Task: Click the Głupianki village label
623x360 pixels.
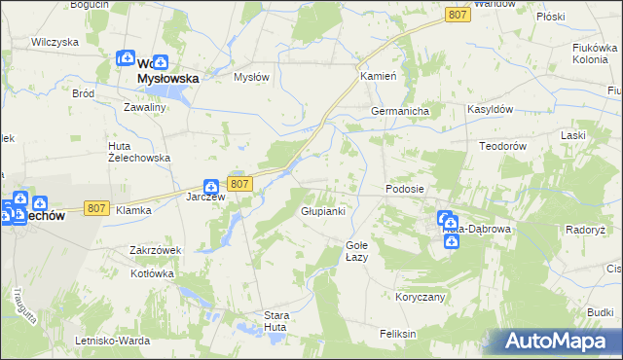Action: click(323, 211)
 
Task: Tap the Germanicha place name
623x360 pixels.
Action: click(399, 112)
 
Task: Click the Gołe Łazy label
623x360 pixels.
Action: click(357, 252)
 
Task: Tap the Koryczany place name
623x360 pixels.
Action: click(420, 297)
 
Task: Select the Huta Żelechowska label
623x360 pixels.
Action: click(138, 151)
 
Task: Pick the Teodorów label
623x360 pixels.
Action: click(501, 146)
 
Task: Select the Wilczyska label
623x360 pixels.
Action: click(54, 43)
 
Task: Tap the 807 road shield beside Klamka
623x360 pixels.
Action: click(95, 207)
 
